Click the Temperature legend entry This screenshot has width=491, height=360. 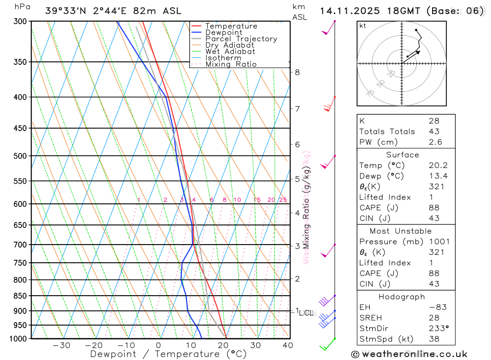[x=231, y=26]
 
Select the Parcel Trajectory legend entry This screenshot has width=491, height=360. [x=241, y=39]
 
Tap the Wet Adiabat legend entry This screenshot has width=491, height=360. [x=230, y=52]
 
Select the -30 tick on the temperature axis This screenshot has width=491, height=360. [x=61, y=345]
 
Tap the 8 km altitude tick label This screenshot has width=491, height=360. [x=297, y=72]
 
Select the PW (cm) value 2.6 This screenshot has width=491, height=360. [x=435, y=142]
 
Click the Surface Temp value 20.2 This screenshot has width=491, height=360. [x=438, y=166]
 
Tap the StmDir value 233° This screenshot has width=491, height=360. [x=437, y=329]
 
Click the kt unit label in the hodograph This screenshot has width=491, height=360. [x=363, y=26]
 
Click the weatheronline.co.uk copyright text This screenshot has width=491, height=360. [x=409, y=354]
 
